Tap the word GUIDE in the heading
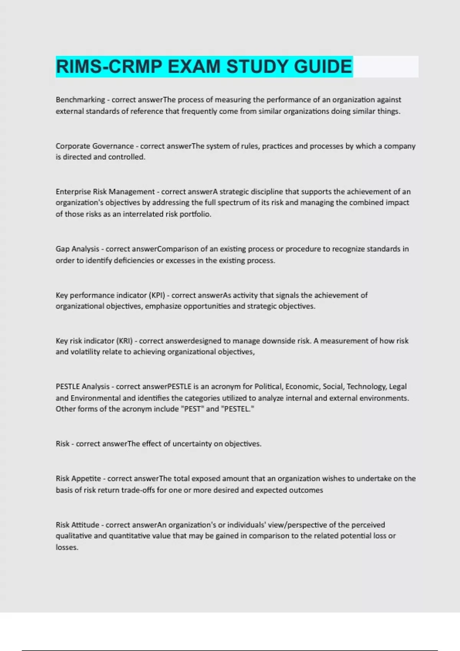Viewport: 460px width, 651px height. [x=323, y=67]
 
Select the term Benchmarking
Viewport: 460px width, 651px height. [x=80, y=100]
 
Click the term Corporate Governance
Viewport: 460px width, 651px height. [x=95, y=146]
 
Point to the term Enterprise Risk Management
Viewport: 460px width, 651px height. [x=105, y=192]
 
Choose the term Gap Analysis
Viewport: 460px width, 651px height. [x=77, y=249]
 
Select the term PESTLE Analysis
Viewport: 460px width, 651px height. [x=82, y=387]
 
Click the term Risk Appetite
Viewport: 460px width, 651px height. [x=78, y=479]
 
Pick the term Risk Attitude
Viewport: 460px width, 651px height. [x=77, y=525]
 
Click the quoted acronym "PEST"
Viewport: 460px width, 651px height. [x=192, y=409]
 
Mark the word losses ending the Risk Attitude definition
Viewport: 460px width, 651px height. [x=67, y=548]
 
